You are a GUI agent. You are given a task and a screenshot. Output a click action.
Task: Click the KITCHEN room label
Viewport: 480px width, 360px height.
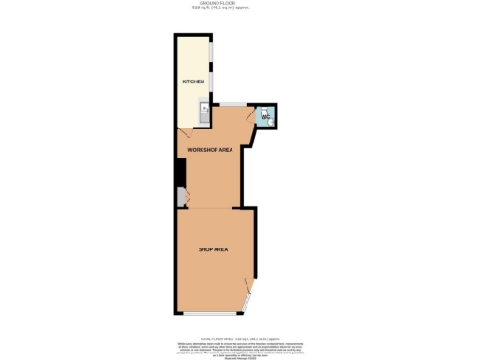193,82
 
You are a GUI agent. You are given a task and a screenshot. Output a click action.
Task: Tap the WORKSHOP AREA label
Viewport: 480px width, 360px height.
210,150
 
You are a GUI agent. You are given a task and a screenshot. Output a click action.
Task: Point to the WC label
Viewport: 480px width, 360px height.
264,117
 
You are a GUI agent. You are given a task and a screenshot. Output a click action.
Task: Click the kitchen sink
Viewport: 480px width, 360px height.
204,111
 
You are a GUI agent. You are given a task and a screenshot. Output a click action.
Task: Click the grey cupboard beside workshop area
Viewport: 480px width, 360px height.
181,196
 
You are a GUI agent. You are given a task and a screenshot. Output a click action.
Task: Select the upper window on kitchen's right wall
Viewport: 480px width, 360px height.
211,52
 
